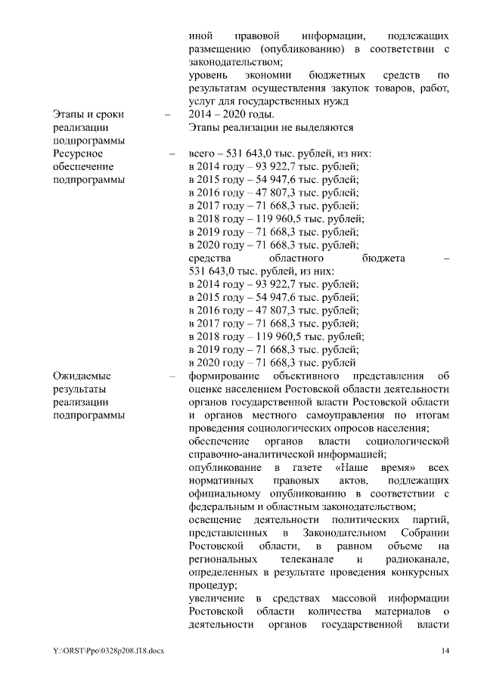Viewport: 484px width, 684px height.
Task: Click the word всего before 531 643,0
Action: [x=203, y=153]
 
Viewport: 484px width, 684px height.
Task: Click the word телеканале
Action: [x=299, y=559]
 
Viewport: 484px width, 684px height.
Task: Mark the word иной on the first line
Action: [x=198, y=36]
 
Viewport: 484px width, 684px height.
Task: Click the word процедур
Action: [x=213, y=584]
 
